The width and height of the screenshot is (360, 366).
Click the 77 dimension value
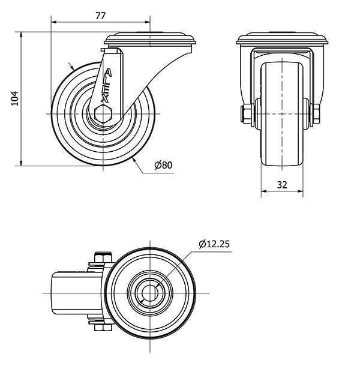[x=100, y=16]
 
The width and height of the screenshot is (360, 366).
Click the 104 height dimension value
[x=15, y=98]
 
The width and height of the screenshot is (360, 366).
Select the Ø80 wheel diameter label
[x=163, y=165]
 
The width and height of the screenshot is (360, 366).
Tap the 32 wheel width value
[x=282, y=185]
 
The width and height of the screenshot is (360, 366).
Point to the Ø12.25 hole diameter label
[x=214, y=244]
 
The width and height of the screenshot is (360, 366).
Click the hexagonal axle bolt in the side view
[x=103, y=113]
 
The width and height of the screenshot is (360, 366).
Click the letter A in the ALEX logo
[x=107, y=73]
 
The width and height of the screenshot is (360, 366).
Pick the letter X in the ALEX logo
[x=105, y=99]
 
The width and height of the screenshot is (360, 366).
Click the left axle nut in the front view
[x=246, y=114]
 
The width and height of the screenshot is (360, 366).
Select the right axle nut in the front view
[x=316, y=114]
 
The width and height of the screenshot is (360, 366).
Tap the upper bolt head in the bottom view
[x=103, y=257]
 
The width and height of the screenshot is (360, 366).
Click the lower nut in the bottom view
[x=103, y=328]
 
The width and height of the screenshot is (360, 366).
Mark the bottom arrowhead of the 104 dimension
[x=21, y=163]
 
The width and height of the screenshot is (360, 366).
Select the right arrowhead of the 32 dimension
[x=300, y=191]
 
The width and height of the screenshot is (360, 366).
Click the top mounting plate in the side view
[x=150, y=39]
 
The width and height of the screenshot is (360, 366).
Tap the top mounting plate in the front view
[x=282, y=39]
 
